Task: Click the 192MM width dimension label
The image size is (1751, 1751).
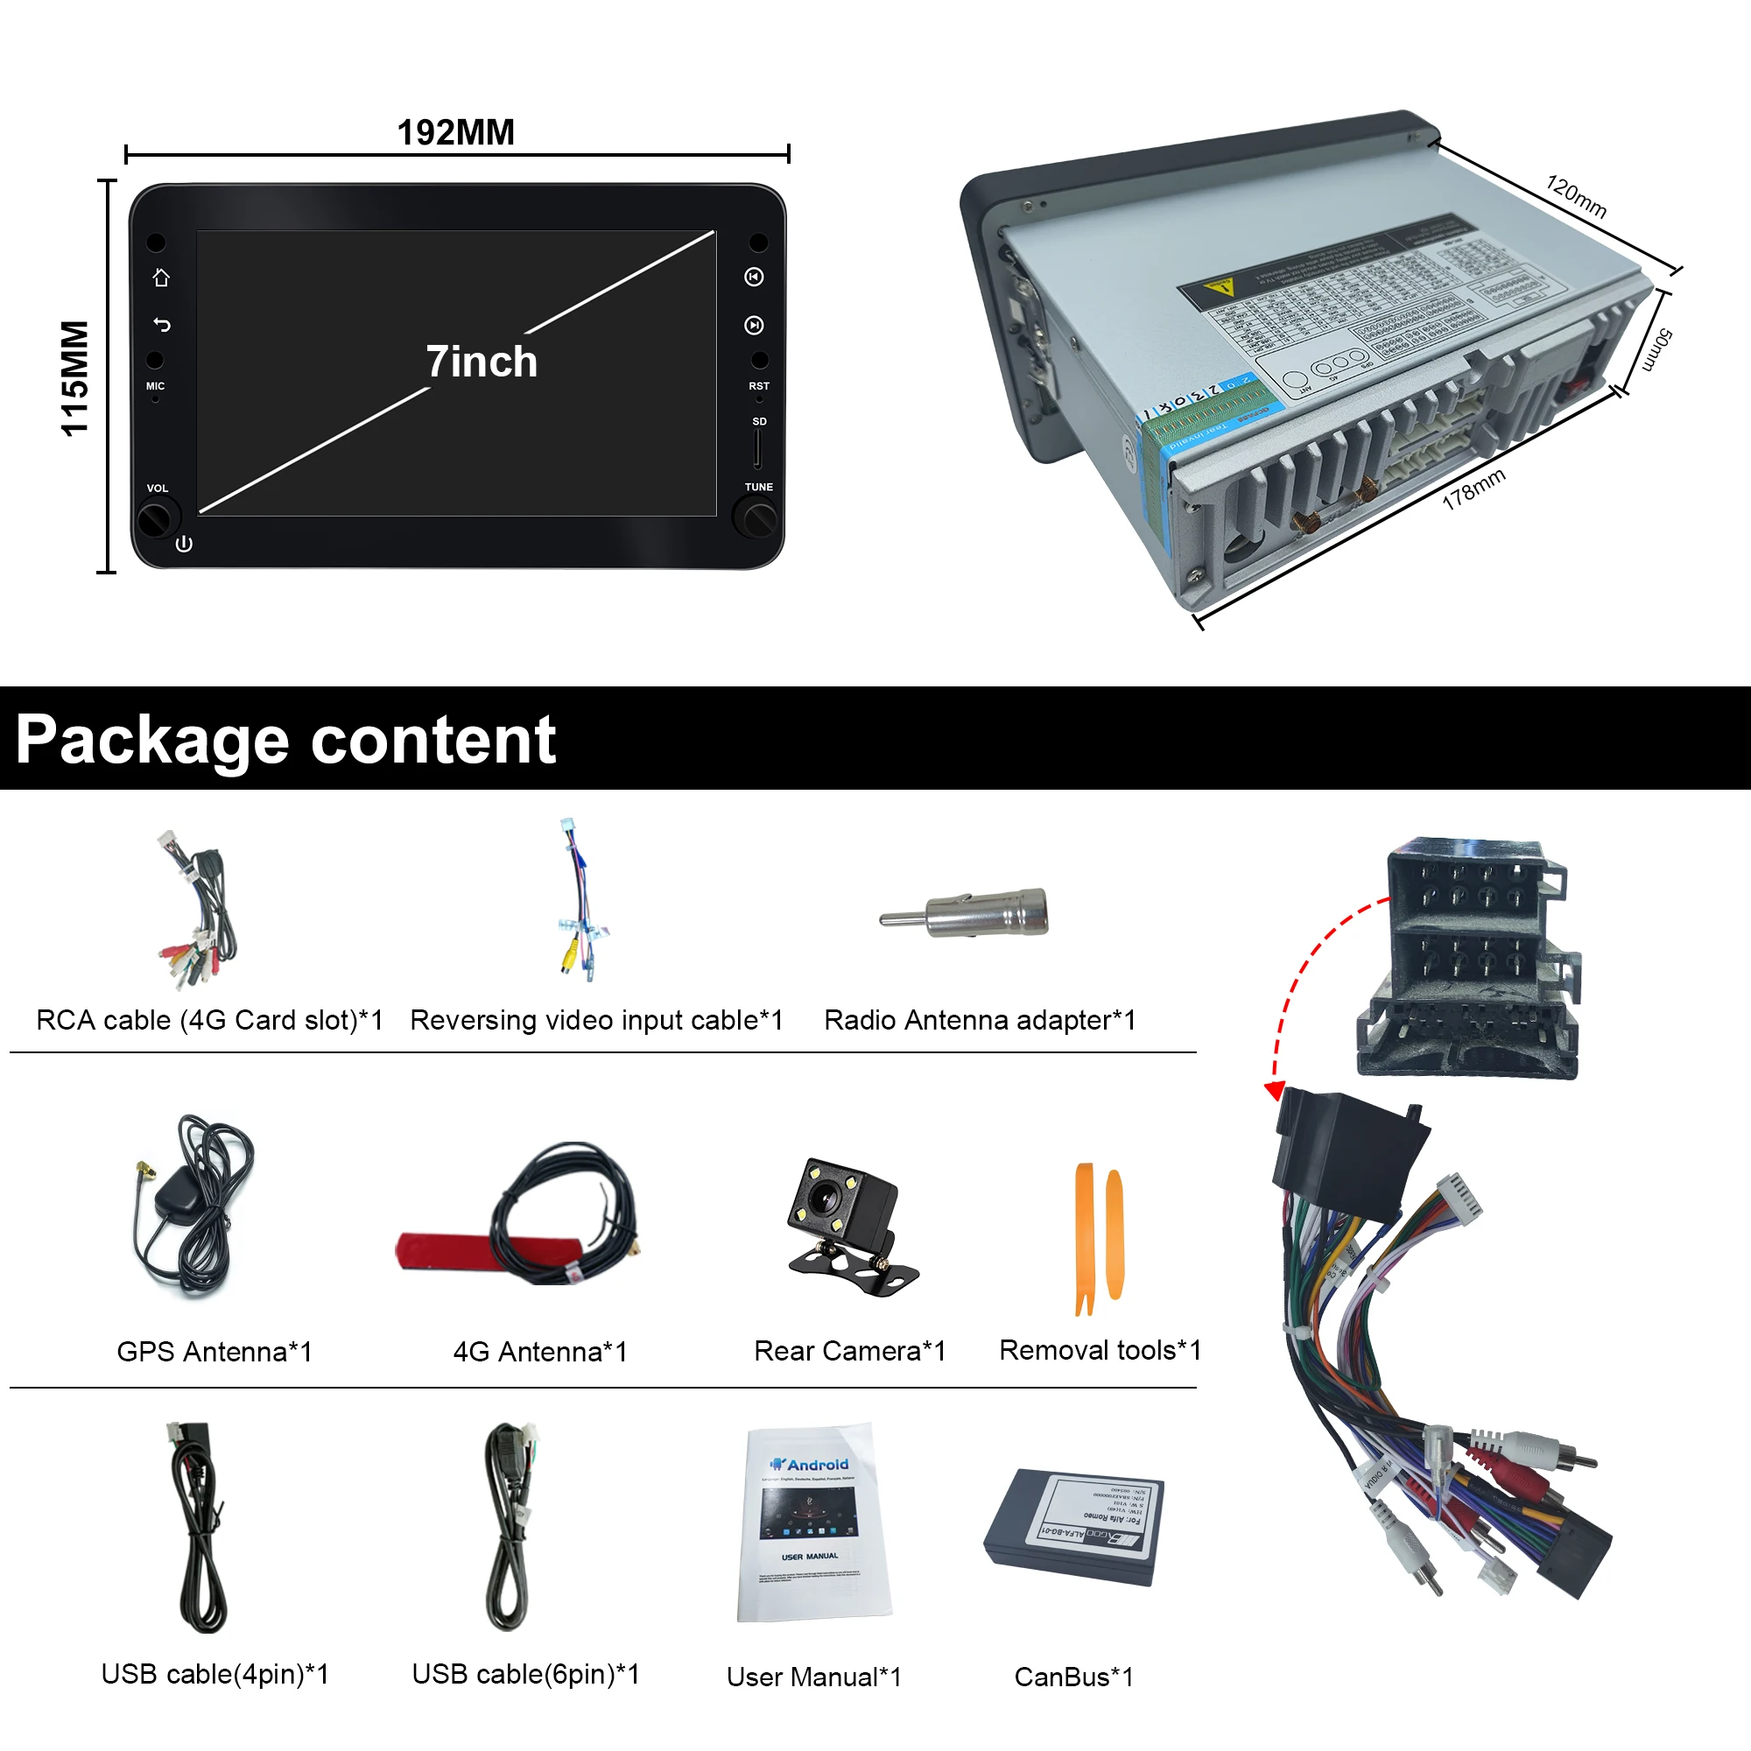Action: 455,132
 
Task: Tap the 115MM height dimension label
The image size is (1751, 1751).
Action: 74,378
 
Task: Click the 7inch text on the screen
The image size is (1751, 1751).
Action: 482,362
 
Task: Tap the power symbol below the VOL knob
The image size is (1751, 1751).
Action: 184,544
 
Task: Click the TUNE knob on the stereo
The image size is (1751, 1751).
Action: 756,519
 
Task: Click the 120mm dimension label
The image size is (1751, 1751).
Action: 1576,197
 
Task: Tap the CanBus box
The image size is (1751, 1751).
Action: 1074,1526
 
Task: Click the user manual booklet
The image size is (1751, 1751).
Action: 813,1522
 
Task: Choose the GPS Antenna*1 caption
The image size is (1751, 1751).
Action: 214,1351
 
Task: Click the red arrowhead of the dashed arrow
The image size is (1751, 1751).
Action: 1274,1090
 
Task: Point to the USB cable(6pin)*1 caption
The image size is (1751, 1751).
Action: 525,1674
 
